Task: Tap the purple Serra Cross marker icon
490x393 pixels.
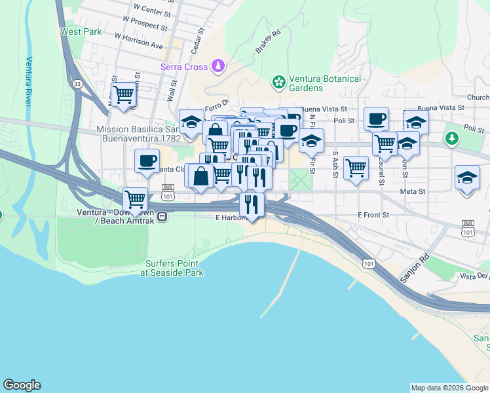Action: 218,66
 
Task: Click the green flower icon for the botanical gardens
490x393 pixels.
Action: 279,83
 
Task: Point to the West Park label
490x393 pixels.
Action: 81,31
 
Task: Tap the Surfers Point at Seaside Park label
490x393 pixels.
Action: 174,268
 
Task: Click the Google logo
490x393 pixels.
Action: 22,385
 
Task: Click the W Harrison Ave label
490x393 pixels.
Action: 138,41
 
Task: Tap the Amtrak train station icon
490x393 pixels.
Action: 162,217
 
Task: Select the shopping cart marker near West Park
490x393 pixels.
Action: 123,94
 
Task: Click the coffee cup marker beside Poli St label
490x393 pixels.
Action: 376,119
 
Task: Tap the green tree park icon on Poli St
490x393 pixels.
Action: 451,138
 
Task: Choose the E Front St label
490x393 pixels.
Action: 373,214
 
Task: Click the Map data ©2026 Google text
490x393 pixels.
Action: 449,388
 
